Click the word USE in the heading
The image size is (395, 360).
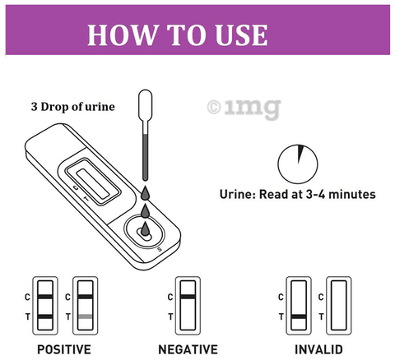[241, 35]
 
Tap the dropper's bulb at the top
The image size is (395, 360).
[146, 105]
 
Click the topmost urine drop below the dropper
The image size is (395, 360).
[145, 193]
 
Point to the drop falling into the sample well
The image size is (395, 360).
[145, 229]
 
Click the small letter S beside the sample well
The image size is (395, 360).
[160, 249]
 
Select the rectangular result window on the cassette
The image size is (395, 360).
[93, 184]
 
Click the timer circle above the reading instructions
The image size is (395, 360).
[298, 164]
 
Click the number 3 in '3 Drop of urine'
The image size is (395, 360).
[34, 107]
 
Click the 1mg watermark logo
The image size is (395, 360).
[244, 108]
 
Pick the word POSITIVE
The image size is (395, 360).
[64, 349]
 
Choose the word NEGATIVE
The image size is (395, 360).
[188, 349]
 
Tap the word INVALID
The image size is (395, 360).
[318, 349]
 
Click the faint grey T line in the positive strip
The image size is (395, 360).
[86, 316]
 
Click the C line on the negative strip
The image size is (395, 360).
[188, 297]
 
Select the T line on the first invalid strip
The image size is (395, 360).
[299, 316]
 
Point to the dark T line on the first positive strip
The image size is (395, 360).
[45, 316]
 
